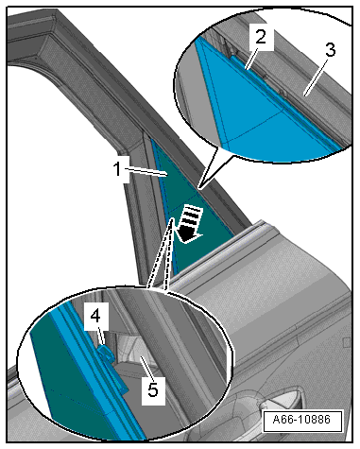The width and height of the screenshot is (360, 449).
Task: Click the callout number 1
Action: coord(117,169)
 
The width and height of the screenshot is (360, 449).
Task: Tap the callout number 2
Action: coord(261,37)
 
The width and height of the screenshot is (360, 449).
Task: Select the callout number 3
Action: coord(330,50)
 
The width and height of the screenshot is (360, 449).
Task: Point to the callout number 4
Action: coord(95,316)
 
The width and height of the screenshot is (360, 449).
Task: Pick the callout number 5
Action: coord(153,390)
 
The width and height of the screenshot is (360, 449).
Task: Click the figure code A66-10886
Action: coord(301,420)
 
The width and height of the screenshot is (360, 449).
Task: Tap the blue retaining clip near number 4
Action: coord(107,354)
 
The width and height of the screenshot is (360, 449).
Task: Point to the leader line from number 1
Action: coord(146,172)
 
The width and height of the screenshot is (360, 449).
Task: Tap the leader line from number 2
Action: coord(252,57)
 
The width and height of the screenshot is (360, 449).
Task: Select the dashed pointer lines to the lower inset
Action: coord(160,253)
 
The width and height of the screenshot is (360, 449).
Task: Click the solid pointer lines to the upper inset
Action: coord(209,166)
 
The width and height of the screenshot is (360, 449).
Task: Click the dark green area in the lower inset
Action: coord(68,378)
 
